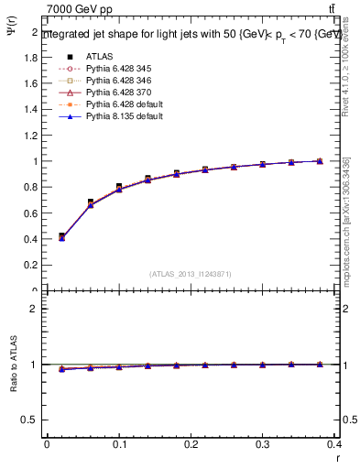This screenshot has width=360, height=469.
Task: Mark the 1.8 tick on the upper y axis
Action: (31, 57)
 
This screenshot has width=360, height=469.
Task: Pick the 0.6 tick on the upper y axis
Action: (31, 213)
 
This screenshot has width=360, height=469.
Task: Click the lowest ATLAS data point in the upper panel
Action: (61, 236)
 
